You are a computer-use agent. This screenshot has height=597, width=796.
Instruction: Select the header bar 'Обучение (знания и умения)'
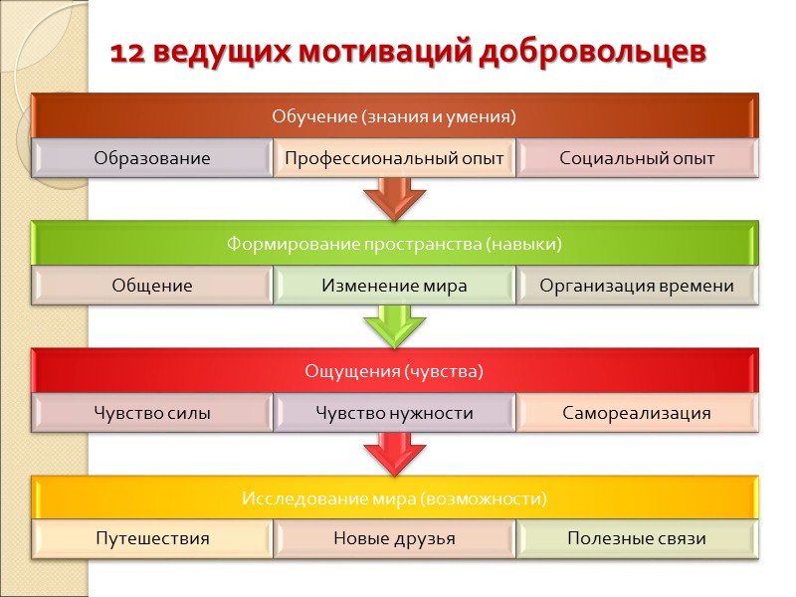click(394, 115)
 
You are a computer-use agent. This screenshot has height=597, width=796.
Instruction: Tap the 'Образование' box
click(152, 158)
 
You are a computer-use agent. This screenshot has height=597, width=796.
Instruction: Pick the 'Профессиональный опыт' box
click(394, 158)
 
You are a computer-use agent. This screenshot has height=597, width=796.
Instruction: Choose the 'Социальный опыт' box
click(637, 158)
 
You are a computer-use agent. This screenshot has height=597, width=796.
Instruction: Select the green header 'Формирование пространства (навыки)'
click(394, 244)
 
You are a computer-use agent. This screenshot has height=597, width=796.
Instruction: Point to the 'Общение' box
click(152, 286)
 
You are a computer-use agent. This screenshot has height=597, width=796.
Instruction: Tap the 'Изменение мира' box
click(394, 286)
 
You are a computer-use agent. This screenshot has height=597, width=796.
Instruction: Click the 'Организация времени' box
click(637, 286)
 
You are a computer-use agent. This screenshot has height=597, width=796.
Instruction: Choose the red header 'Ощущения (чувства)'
click(394, 371)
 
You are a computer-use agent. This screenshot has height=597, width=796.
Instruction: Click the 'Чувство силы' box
click(152, 413)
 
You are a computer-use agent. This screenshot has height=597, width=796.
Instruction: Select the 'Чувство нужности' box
click(394, 413)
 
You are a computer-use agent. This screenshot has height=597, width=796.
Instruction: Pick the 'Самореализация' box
click(637, 413)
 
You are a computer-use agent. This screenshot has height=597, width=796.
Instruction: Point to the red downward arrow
click(394, 453)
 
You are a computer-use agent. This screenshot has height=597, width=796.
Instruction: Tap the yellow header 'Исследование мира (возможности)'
click(394, 497)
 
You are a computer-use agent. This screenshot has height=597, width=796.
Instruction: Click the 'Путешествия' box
click(152, 539)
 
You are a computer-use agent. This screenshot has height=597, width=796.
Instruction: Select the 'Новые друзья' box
click(394, 539)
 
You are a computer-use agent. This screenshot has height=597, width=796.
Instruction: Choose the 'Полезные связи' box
click(637, 539)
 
